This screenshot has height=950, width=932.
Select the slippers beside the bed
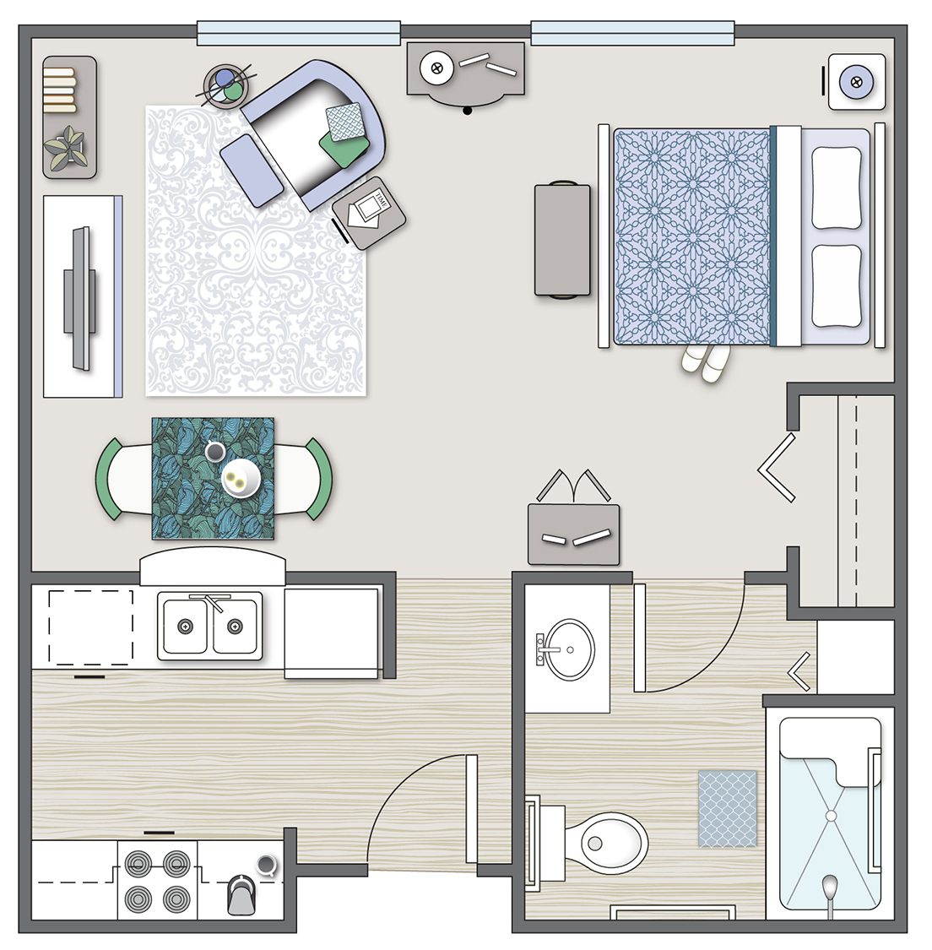pyautogui.click(x=706, y=362)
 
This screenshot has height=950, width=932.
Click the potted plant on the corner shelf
pyautogui.click(x=65, y=149)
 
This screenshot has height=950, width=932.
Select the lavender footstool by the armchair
pyautogui.click(x=252, y=171)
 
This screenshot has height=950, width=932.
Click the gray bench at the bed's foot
pyautogui.click(x=562, y=240)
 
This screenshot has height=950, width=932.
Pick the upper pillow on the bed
pyautogui.click(x=836, y=187)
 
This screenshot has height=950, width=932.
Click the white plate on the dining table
pyautogui.click(x=241, y=478)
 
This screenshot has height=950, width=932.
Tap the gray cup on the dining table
pyautogui.click(x=215, y=452)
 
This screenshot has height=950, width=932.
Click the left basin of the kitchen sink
pyautogui.click(x=185, y=627)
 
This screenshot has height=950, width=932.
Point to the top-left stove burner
pyautogui.click(x=138, y=863)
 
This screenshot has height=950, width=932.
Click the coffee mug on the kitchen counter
pyautogui.click(x=267, y=865)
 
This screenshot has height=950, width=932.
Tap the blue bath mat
pyautogui.click(x=728, y=808)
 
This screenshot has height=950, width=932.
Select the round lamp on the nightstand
pyautogui.click(x=856, y=83)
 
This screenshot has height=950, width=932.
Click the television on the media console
pyautogui.click(x=80, y=297)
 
